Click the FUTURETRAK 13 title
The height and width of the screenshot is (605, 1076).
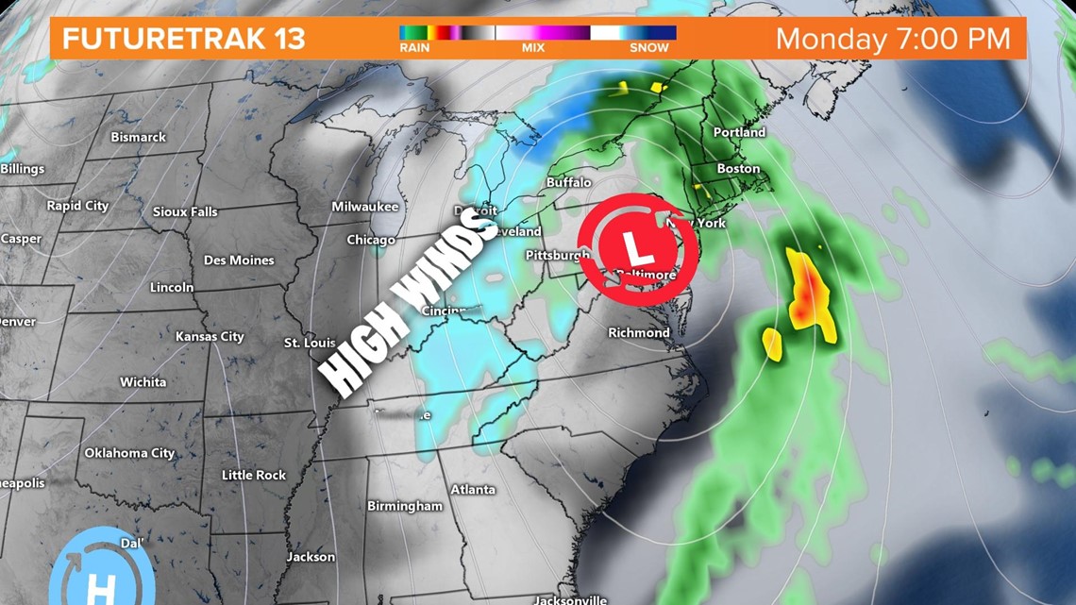(183, 40)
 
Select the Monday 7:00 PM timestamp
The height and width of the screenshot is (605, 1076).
(893, 40)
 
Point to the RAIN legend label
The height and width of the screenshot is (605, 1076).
(414, 47)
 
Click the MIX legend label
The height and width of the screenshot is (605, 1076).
(533, 47)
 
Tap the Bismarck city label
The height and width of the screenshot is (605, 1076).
(138, 137)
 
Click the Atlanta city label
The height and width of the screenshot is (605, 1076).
(472, 489)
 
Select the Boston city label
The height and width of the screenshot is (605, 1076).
(738, 168)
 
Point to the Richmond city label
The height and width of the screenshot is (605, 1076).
(638, 332)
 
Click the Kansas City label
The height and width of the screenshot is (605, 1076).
(210, 336)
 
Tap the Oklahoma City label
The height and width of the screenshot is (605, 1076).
(129, 453)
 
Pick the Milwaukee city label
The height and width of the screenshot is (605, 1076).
(364, 206)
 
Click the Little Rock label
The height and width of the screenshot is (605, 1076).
(253, 475)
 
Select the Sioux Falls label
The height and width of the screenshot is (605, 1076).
(185, 211)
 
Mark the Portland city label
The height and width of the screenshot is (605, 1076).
(739, 132)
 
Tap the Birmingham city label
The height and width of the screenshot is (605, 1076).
(404, 506)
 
